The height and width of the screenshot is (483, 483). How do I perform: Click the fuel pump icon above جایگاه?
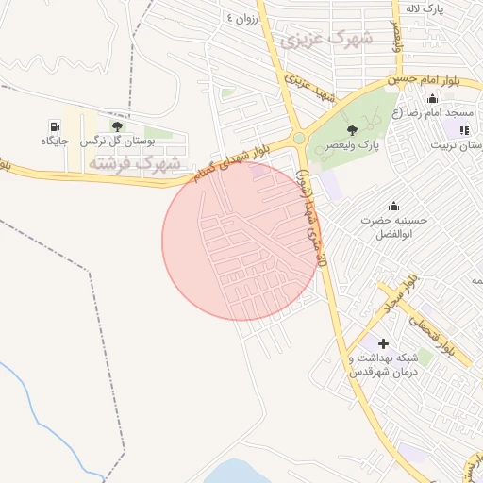[56, 125]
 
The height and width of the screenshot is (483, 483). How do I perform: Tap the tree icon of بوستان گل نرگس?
[117, 125]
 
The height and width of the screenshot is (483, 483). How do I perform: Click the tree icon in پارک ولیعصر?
[352, 130]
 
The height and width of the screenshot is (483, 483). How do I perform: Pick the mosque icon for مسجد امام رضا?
[433, 100]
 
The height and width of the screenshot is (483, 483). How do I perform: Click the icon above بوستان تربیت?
[463, 129]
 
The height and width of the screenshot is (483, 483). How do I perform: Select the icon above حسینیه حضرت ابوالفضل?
[393, 207]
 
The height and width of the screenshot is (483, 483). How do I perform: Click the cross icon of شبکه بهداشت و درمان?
[383, 343]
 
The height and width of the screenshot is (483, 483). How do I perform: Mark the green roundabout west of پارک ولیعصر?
[299, 138]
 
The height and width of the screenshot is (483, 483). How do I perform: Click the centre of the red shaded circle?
[241, 241]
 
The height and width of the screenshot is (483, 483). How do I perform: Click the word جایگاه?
[56, 142]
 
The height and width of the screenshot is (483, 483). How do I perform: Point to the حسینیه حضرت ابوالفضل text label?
[393, 226]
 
